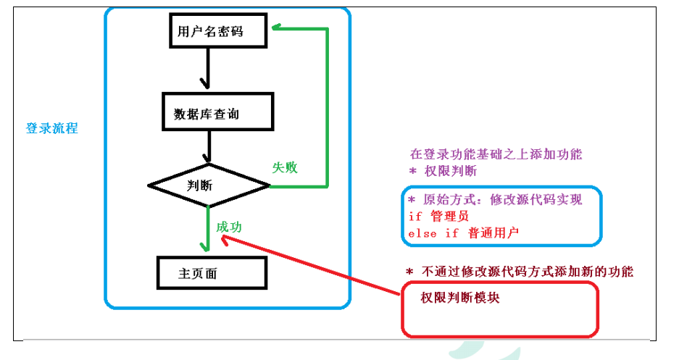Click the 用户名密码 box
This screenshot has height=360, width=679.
tap(211, 33)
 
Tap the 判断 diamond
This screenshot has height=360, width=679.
tap(209, 185)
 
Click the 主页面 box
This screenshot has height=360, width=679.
tap(211, 274)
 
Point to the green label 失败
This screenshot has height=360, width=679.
tap(284, 167)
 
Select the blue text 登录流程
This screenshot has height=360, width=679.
tap(51, 128)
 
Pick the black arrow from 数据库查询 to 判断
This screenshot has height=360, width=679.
tap(207, 148)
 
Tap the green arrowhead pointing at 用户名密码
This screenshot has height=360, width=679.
tap(278, 29)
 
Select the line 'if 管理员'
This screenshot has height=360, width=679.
tap(438, 215)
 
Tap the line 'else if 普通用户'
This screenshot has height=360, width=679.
tap(464, 233)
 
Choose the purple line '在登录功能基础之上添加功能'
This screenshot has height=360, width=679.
tap(496, 154)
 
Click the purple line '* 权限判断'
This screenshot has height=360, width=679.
tap(443, 171)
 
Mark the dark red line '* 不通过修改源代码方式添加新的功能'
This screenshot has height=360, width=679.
tap(519, 272)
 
